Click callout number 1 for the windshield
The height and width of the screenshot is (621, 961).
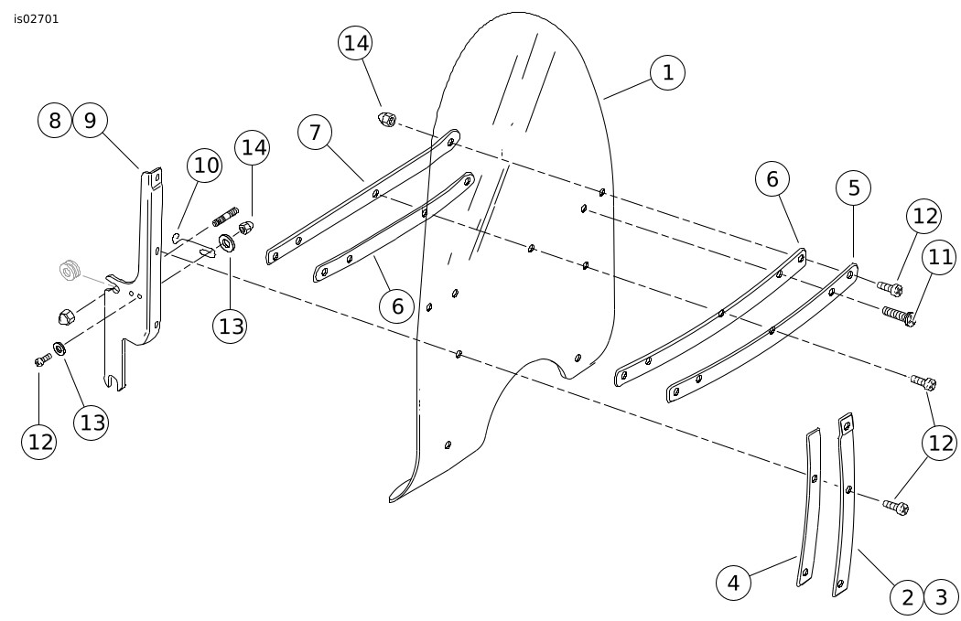[x=668, y=72]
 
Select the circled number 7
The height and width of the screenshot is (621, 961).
[x=315, y=133]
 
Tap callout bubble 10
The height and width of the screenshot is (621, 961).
[x=205, y=166]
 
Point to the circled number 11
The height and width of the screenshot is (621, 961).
[x=940, y=258]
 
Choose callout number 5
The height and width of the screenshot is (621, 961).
[x=854, y=188]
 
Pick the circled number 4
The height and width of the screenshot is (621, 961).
[x=733, y=582]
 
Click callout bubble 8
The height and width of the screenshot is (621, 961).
[x=56, y=120]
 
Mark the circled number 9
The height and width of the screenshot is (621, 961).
[x=91, y=120]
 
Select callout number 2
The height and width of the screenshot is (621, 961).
[x=907, y=598]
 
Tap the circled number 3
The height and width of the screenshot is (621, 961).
[x=941, y=598]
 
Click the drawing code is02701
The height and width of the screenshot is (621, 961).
[x=37, y=18]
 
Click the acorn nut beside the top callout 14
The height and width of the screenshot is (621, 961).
[x=386, y=119]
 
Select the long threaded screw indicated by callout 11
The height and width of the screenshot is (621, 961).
[x=899, y=315]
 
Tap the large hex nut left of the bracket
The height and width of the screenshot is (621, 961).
[x=65, y=317]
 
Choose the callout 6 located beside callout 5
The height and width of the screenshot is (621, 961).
[x=772, y=179]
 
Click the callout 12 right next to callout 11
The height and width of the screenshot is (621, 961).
[x=923, y=216]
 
